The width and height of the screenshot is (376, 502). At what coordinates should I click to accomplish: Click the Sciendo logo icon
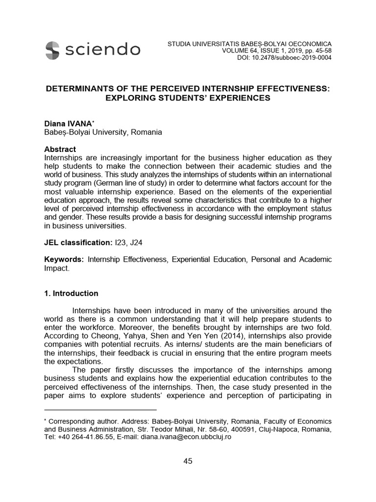52,49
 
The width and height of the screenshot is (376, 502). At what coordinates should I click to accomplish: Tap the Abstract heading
60,149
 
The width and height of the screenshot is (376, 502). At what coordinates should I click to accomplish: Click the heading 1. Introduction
71,294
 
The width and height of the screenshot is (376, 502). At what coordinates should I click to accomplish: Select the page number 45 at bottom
188,460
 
